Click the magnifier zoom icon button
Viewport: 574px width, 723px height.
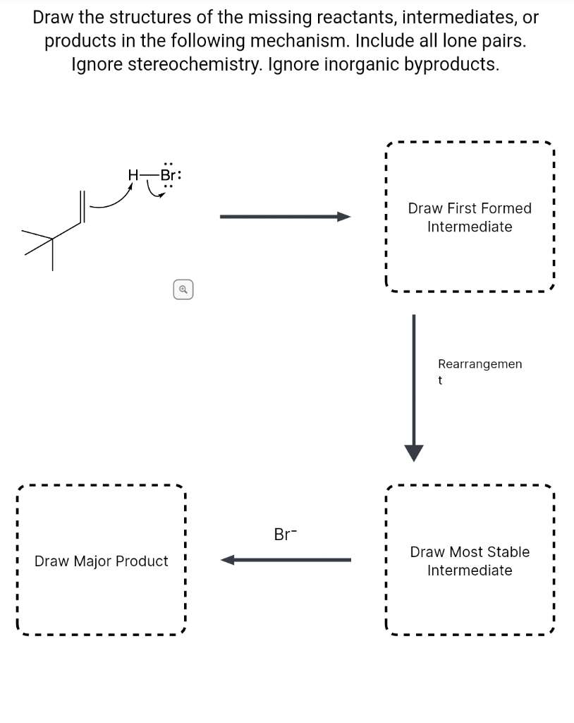coord(183,289)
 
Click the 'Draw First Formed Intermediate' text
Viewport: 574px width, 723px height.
coord(470,217)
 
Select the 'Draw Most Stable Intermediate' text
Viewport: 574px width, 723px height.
coord(470,561)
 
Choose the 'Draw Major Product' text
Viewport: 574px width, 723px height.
coord(102,561)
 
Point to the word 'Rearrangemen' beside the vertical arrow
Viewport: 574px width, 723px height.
coord(480,364)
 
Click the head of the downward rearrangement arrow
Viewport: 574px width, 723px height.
coord(414,452)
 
